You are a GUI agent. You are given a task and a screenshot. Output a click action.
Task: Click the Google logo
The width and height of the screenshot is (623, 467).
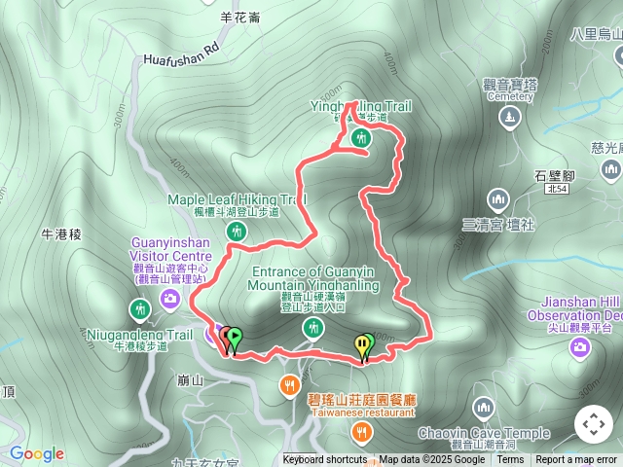point(37,453)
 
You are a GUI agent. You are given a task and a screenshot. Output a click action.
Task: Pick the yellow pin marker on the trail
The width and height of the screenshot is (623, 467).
point(362,344)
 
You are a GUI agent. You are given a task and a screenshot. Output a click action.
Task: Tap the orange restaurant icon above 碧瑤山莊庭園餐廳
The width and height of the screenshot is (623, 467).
point(289,384)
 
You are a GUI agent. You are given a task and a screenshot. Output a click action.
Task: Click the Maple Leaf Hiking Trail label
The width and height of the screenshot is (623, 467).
point(237,199)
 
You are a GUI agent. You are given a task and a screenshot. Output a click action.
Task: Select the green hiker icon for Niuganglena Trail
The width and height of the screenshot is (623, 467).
point(140,310)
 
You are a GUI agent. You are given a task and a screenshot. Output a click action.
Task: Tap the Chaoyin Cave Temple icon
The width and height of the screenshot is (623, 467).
point(484,408)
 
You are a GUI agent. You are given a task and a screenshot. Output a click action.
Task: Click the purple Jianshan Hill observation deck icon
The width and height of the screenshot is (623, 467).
point(579,345)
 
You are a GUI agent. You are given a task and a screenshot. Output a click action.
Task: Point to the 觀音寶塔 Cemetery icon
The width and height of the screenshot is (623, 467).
point(510,118)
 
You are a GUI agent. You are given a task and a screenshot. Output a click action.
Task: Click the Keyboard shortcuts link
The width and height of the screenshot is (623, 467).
point(325,460)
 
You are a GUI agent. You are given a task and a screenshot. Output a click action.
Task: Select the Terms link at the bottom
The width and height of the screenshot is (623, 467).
point(510,460)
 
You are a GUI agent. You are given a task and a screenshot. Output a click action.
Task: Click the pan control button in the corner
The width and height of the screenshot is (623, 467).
point(594,424)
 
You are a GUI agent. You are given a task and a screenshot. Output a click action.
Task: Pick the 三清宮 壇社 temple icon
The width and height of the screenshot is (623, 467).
point(498,200)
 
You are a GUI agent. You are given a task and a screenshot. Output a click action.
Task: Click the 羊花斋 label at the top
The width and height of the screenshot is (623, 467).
point(239,17)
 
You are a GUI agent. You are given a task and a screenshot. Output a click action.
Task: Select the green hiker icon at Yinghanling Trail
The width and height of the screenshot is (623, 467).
point(361,137)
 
